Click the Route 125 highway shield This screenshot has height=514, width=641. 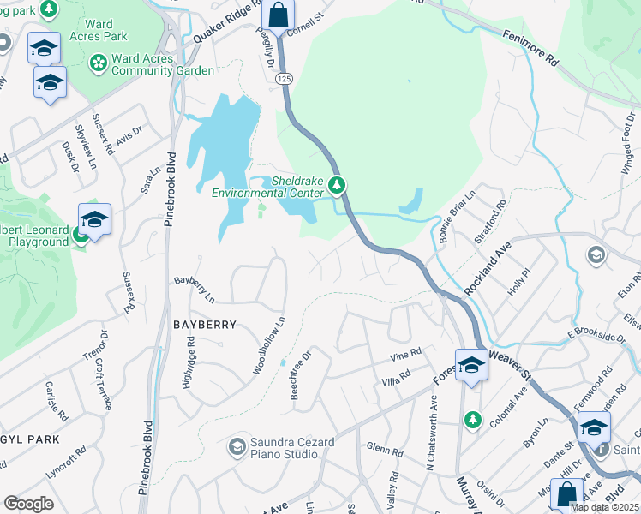(284, 78)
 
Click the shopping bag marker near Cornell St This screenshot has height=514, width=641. (278, 15)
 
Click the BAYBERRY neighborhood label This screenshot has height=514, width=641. (204, 325)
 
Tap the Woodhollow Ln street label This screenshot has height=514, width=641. (268, 346)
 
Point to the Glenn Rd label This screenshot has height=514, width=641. (384, 450)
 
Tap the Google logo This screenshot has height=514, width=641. (28, 504)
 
